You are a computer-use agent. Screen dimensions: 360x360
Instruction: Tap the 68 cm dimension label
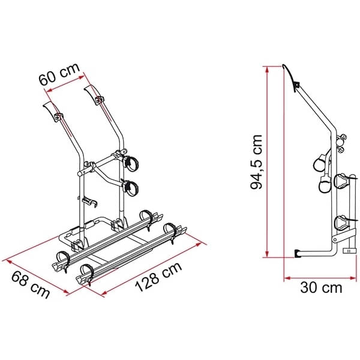click(x=31, y=284)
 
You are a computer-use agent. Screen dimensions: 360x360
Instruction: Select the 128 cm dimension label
click(x=158, y=277)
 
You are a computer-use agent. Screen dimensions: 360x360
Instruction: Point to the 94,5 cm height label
click(x=256, y=161)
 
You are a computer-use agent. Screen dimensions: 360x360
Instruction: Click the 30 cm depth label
click(x=321, y=287)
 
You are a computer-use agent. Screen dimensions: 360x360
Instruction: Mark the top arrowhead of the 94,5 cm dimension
click(x=267, y=70)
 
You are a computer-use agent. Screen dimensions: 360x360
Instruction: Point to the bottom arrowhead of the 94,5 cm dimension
click(x=267, y=254)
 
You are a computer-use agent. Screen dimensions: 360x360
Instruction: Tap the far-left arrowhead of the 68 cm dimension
click(x=5, y=261)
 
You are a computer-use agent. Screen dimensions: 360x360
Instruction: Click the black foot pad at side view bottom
click(x=298, y=253)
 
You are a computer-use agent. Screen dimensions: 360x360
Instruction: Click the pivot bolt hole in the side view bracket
click(x=335, y=239)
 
